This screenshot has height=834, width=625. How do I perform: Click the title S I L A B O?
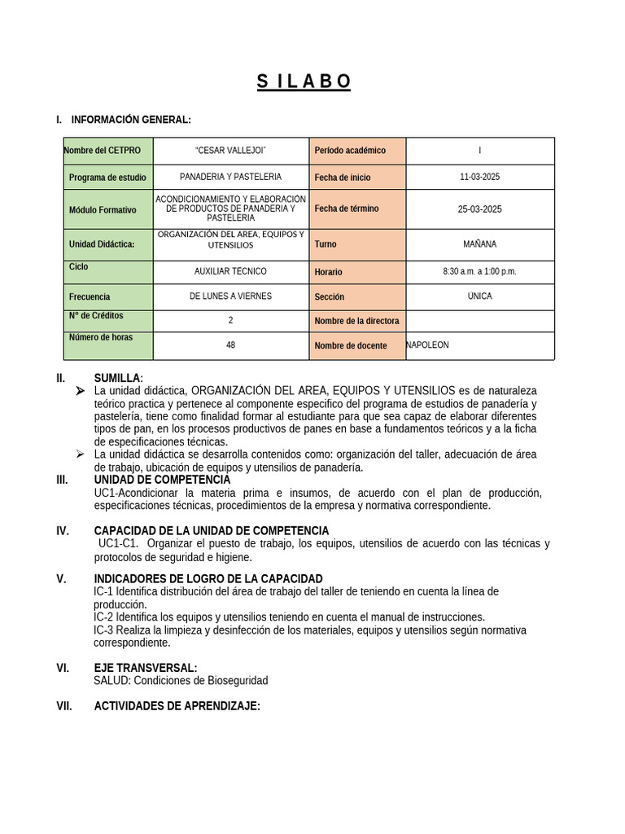click(304, 81)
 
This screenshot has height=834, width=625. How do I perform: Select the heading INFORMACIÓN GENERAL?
click(131, 120)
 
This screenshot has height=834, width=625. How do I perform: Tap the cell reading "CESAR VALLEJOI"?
click(230, 151)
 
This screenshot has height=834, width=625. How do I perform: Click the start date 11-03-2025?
click(479, 177)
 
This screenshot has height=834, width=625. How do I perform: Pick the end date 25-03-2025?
click(479, 209)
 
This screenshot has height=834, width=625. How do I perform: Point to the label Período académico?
click(350, 151)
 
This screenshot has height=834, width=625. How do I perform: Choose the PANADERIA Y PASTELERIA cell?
click(230, 177)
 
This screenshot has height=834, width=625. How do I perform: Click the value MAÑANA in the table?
click(479, 244)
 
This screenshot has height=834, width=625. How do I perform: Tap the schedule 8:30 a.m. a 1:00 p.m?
click(479, 271)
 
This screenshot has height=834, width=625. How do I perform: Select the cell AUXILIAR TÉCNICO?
click(230, 271)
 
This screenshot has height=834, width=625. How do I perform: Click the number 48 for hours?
click(230, 345)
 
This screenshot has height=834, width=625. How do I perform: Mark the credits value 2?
click(230, 321)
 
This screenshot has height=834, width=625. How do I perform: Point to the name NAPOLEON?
click(427, 345)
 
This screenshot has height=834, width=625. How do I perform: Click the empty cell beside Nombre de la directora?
click(479, 321)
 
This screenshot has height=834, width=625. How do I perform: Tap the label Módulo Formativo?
click(103, 210)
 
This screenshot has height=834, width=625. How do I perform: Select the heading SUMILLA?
click(117, 379)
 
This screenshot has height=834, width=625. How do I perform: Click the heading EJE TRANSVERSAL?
click(145, 668)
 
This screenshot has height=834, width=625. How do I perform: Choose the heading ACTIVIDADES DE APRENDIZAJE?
click(177, 706)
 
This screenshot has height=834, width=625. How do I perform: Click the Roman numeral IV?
click(63, 531)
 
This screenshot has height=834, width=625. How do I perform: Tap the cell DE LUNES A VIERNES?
click(230, 296)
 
